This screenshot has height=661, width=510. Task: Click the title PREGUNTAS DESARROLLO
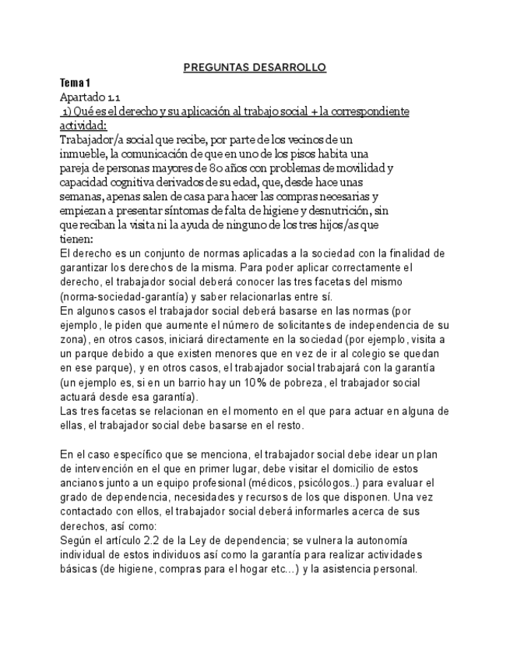tap(255, 68)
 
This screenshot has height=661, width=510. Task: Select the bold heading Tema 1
tap(76, 83)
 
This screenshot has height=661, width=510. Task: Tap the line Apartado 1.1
tap(90, 97)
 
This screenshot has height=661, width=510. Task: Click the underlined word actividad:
tap(83, 125)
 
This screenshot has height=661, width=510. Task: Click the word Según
tap(76, 539)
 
